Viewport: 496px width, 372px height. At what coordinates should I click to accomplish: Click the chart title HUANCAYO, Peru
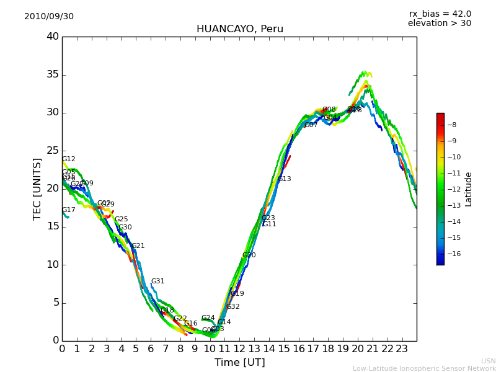(x=239, y=29)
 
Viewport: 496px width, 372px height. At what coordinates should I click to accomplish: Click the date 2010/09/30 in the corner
(x=49, y=17)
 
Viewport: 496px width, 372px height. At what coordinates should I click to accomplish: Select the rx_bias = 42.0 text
(x=440, y=14)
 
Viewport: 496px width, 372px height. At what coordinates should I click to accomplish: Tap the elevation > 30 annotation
(x=439, y=24)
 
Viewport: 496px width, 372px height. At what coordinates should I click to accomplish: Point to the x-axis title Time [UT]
(x=239, y=363)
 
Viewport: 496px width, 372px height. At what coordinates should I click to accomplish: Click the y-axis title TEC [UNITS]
(x=37, y=188)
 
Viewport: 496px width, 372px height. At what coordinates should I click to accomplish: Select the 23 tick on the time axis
(x=402, y=349)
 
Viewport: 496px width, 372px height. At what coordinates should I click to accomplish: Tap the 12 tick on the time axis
(x=239, y=349)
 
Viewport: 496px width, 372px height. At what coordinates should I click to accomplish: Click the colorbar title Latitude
(x=469, y=189)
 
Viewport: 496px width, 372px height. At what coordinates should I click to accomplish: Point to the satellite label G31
(x=158, y=281)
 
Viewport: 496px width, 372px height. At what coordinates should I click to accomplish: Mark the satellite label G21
(x=138, y=246)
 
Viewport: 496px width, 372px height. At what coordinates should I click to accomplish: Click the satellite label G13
(x=285, y=179)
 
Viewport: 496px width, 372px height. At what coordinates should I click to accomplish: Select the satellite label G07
(x=311, y=125)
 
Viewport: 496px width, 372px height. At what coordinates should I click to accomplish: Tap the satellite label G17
(x=69, y=210)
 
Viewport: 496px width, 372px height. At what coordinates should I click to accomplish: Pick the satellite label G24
(x=208, y=318)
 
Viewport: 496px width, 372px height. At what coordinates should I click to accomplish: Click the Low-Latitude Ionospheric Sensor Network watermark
(x=424, y=368)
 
